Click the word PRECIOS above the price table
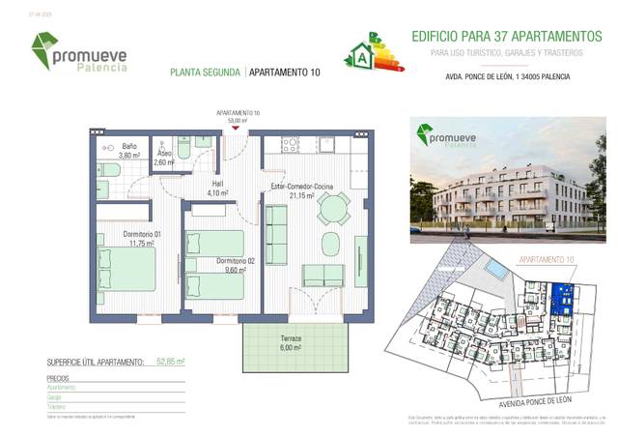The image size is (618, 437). coord(58,379)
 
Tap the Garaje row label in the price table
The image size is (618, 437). coord(55,396)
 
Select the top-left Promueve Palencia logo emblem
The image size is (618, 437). coord(45,49)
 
